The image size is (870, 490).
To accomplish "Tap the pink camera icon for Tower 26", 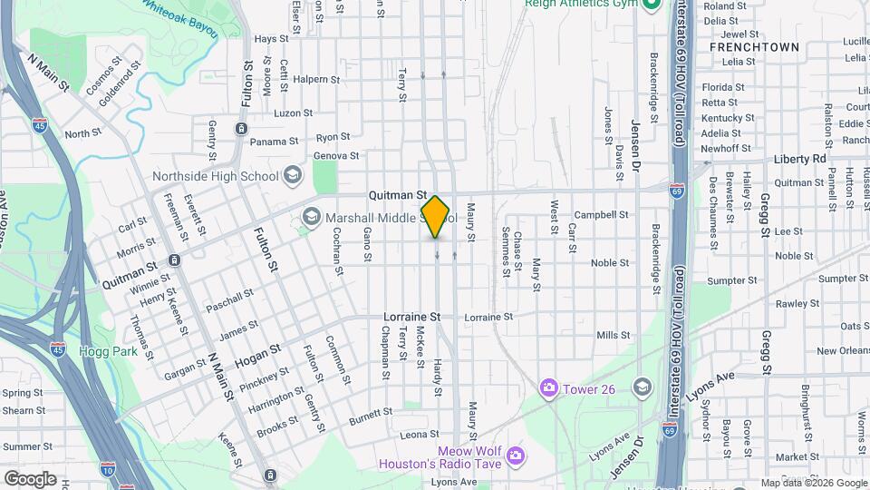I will pyautogui.click(x=548, y=388).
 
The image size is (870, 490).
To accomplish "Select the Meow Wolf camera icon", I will pyautogui.click(x=515, y=454).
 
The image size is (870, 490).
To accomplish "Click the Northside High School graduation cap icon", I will pyautogui.click(x=292, y=174).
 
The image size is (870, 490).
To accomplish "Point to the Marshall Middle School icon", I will pyautogui.click(x=312, y=216).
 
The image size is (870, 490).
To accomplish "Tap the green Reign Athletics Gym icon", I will pyautogui.click(x=651, y=5).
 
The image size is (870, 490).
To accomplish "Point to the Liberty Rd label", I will pyautogui.click(x=800, y=159).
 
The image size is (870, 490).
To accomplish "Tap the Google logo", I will pyautogui.click(x=30, y=478).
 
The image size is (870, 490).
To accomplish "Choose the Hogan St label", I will pyautogui.click(x=255, y=359).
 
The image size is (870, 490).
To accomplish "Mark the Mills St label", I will pyautogui.click(x=613, y=336).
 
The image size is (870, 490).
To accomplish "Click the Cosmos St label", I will pyautogui.click(x=103, y=79).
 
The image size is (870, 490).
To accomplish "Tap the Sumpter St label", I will pyautogui.click(x=725, y=281).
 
